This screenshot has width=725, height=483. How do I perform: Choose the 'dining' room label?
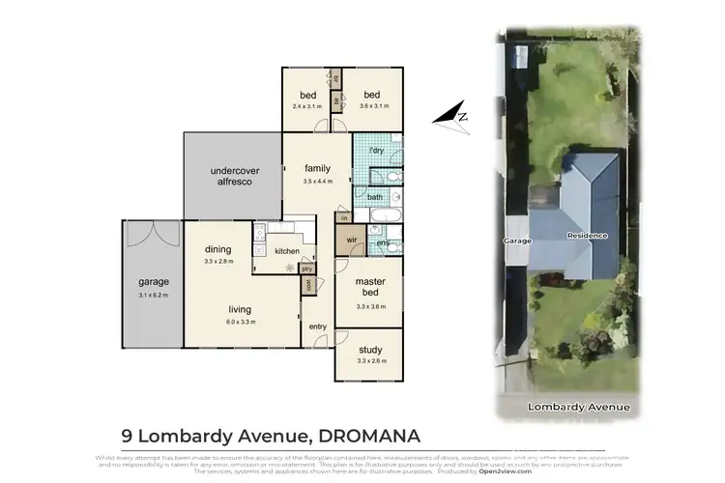(x=217, y=249)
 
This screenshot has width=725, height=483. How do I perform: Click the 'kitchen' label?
(x=286, y=251)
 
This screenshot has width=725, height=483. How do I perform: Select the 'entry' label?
(x=318, y=327)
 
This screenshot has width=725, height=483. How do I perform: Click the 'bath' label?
(x=374, y=197)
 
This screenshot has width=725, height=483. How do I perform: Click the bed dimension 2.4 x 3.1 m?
(x=308, y=106)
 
